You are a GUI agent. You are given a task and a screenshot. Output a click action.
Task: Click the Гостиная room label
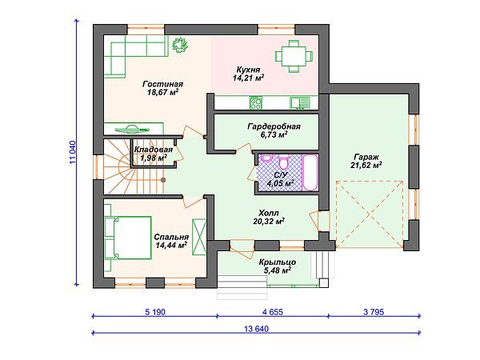(163, 84)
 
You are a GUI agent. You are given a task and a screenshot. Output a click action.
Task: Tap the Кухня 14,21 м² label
(248, 74)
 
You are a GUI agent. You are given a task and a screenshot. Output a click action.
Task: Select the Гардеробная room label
(274, 126)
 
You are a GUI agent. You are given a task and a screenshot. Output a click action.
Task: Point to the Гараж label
(366, 157)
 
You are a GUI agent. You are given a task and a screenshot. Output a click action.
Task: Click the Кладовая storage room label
(154, 150)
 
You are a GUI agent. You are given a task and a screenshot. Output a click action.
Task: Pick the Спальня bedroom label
(171, 237)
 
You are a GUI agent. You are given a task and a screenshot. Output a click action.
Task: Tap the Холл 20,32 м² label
(269, 217)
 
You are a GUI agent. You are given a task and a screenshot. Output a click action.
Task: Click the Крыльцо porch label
(278, 262)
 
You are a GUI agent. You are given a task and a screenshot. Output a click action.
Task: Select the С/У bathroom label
(281, 175)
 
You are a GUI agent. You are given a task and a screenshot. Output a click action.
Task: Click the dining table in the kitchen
(294, 56)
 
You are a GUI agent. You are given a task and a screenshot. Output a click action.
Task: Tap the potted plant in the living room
(179, 46)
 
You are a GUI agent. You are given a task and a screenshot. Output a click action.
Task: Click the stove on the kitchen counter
(256, 103)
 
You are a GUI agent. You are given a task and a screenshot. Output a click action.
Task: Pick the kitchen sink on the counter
(299, 103)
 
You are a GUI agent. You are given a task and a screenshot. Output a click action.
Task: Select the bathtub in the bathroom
(310, 173)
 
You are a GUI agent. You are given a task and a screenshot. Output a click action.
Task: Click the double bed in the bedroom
(128, 238)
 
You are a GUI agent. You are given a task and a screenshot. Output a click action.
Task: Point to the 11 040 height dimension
(73, 153)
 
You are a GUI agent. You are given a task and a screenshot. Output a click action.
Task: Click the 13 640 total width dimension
(257, 329)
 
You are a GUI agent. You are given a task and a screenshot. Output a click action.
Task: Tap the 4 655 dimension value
(273, 312)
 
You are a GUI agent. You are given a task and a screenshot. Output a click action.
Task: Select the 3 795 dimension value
(374, 312)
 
